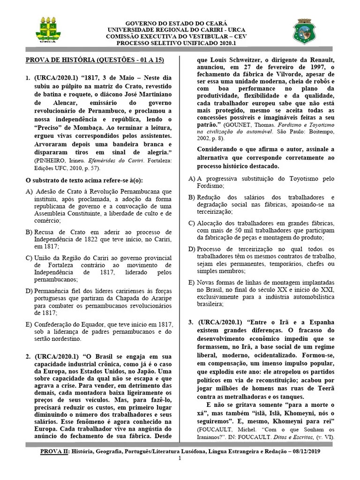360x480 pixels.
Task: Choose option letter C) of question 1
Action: (x=29, y=257)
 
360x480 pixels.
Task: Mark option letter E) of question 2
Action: (x=191, y=283)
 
